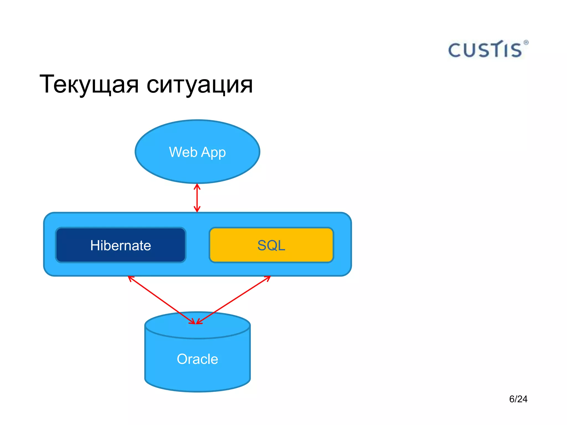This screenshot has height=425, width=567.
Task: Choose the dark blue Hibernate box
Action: [x=121, y=245]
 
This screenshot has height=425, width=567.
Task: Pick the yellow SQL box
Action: [x=271, y=245]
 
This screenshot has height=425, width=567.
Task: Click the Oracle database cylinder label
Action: [x=197, y=359]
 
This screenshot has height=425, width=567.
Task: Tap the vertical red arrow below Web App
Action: [x=197, y=198]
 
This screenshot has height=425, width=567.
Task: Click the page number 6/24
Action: [x=518, y=399]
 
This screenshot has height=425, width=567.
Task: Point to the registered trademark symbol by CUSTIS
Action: [x=526, y=43]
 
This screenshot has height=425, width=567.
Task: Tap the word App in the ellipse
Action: [x=213, y=152]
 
